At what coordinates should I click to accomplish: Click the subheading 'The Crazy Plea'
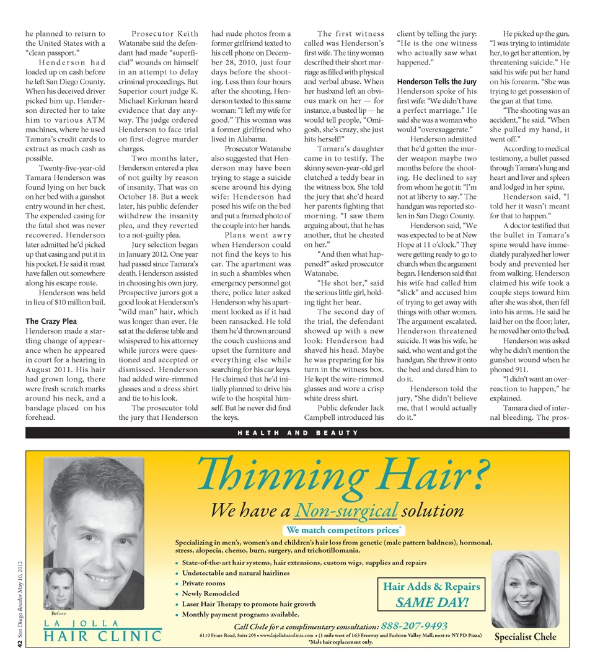coord(51,321)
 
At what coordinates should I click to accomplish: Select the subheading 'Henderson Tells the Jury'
coord(436,82)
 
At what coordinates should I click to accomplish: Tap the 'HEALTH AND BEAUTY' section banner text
coord(297,432)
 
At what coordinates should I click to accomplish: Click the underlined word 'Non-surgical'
coord(346,510)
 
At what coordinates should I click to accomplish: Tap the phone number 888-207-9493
coord(414,626)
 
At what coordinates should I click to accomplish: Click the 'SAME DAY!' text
coord(431,602)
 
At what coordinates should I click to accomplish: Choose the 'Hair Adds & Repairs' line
coord(431,587)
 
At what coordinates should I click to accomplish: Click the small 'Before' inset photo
coord(59,588)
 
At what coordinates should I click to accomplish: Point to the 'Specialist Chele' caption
coord(525,637)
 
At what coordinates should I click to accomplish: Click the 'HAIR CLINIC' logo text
coord(102,636)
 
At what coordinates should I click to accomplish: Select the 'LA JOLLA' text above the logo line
coord(81,623)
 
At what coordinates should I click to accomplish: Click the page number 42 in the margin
coord(20,646)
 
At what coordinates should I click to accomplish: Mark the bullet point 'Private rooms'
coord(203,583)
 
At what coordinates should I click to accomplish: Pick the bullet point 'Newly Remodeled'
coord(211,593)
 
